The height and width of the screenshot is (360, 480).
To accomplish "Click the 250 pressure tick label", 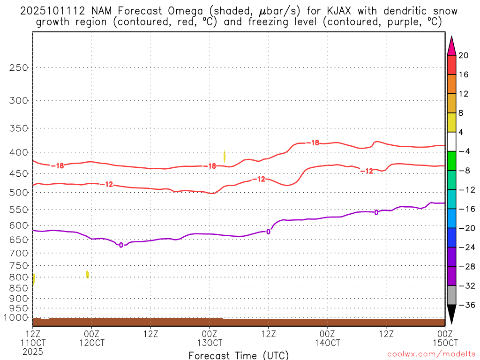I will pos(19,67).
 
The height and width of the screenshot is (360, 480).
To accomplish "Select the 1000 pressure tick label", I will pos(17,317).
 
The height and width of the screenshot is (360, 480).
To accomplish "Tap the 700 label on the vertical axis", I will pos(19,253).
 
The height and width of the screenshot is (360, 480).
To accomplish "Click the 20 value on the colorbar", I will pos(464,55).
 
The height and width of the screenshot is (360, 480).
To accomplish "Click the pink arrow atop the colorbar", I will pos(451,46).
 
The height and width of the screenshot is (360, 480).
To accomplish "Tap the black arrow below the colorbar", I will pos(451,314).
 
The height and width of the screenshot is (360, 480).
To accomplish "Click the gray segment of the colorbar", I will pos(451,295).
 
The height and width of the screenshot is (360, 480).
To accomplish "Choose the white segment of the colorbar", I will pos(451,142).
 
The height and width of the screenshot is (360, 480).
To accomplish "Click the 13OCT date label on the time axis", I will pos(209,343).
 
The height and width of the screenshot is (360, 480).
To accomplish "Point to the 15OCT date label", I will pos(444,343).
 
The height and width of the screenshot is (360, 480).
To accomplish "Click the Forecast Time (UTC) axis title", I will pos(239,355).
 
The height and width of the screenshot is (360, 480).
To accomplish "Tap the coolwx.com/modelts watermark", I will pos(431,354).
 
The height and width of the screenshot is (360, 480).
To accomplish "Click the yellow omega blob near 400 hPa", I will pos(225,157).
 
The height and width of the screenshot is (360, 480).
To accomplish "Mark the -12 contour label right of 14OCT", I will pos(367,171).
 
